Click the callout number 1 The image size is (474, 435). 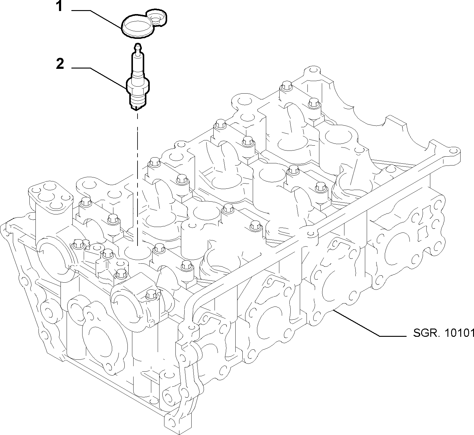tap(60, 7)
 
